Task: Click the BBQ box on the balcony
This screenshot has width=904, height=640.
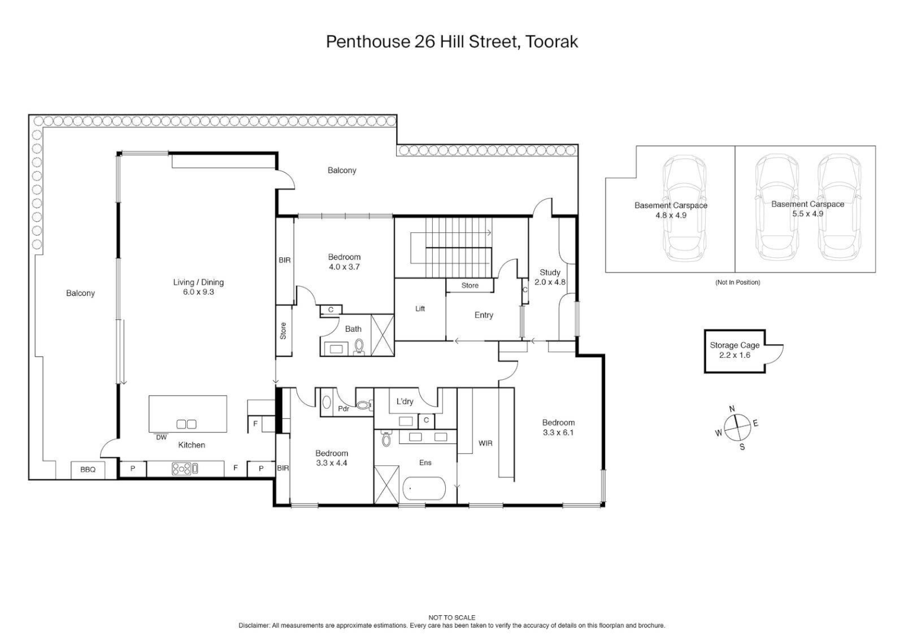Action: [88, 469]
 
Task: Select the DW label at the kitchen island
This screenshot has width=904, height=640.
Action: [161, 437]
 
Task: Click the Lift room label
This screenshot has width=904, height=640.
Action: [420, 309]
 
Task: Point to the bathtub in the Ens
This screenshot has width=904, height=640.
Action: [424, 490]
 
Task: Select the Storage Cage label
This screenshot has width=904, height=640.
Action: [734, 345]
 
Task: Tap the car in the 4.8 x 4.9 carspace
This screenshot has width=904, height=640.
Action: [684, 209]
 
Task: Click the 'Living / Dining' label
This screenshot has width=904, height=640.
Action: [198, 282]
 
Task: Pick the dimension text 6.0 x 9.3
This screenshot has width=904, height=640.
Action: [198, 292]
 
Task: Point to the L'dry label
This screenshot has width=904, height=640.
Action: [404, 402]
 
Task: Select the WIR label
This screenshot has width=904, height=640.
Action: [485, 443]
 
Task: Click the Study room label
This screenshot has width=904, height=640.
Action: [549, 273]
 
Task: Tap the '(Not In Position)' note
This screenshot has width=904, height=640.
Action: [737, 282]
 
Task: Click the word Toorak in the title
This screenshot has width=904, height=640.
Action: [552, 41]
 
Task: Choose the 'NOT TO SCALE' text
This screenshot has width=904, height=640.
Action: [452, 617]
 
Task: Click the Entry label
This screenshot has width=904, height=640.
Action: [483, 315]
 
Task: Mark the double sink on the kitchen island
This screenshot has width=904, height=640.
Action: [186, 424]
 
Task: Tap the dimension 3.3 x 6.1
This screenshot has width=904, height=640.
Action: [558, 433]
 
